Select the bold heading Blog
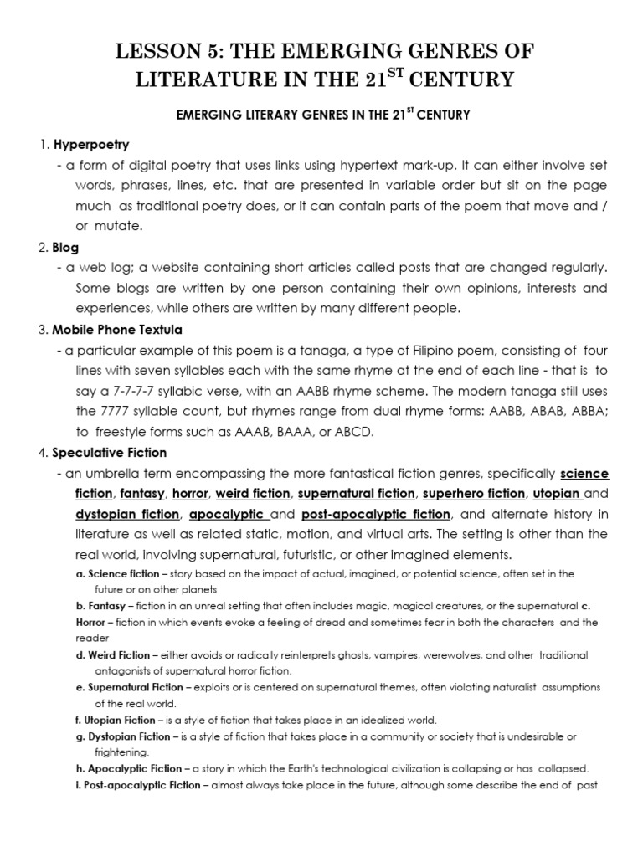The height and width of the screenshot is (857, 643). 66,248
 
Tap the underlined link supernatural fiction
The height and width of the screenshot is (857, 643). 356,494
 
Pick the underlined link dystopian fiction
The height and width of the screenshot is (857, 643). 127,514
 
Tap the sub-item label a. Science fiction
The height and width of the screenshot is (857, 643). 116,573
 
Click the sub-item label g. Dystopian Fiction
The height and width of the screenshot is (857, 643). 120,736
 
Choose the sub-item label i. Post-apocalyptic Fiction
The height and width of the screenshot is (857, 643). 138,785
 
